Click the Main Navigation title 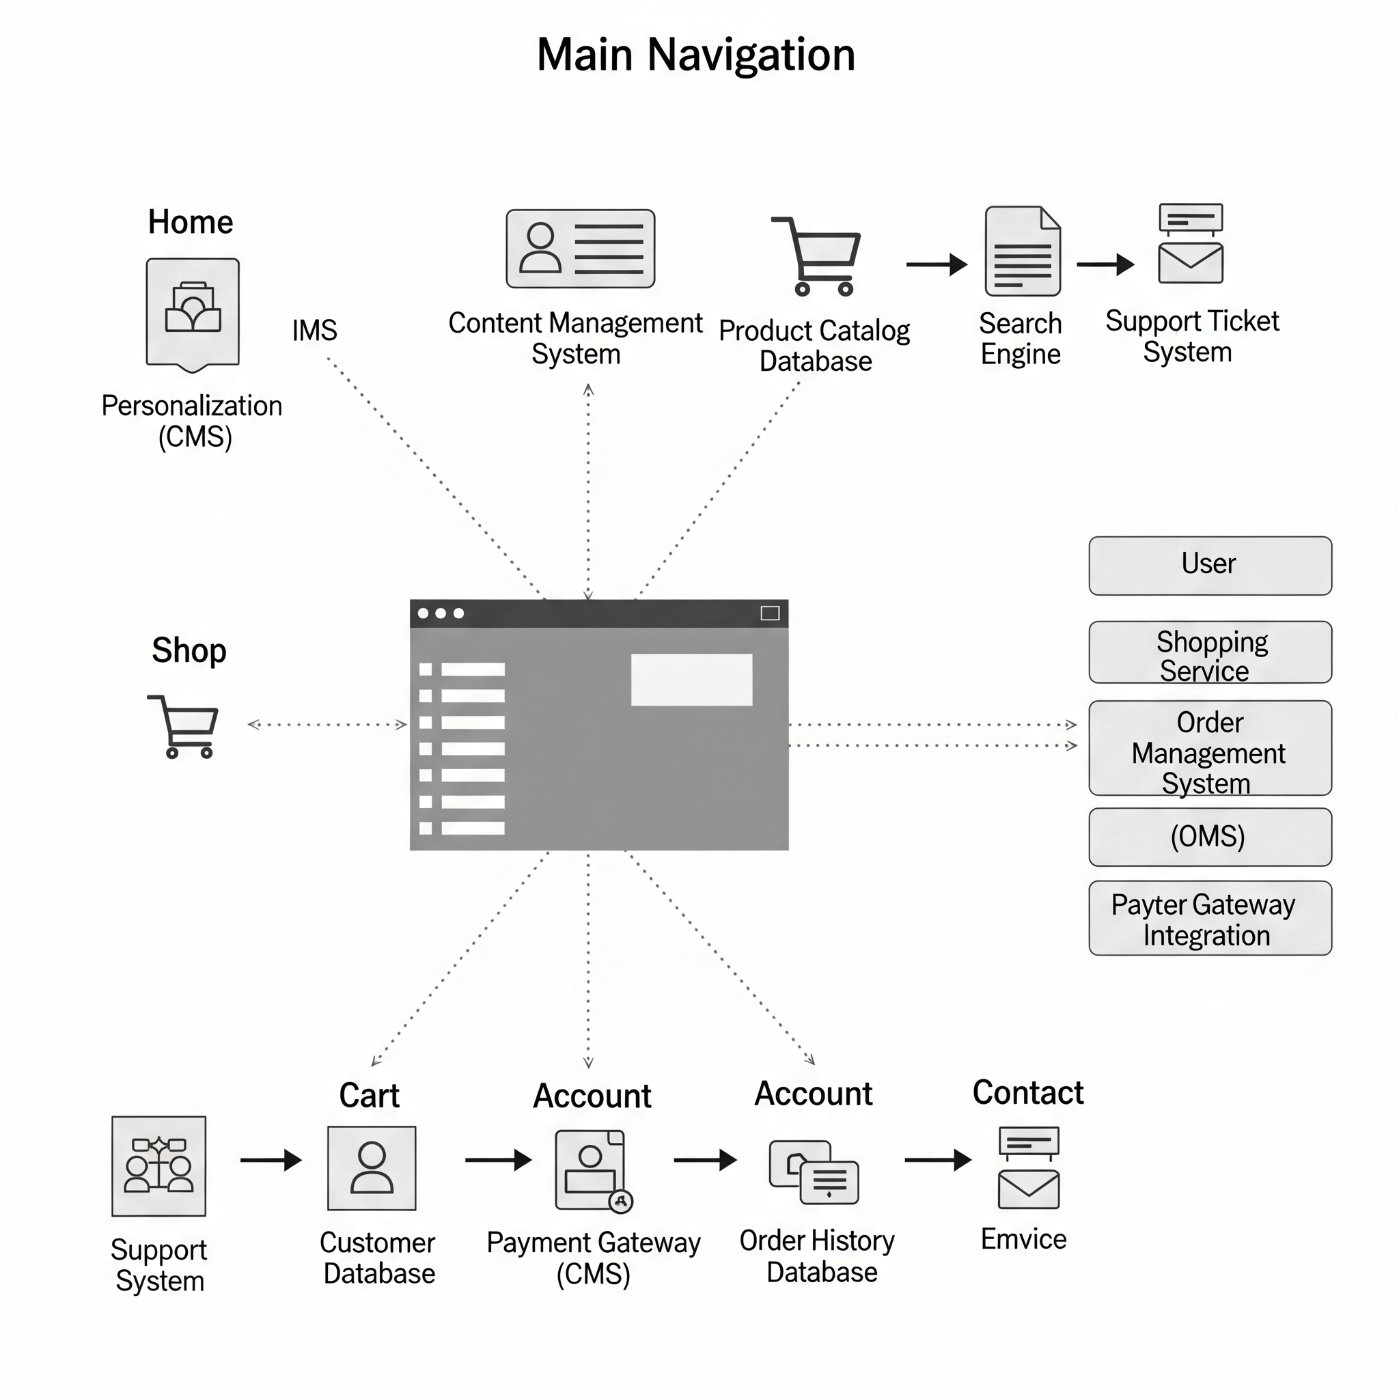(x=695, y=55)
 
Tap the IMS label (x=314, y=330)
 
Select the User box (x=1209, y=566)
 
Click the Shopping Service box (x=1209, y=652)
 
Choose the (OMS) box (x=1209, y=837)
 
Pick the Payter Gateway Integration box (x=1209, y=918)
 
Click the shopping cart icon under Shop (x=184, y=726)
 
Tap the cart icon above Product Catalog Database (x=819, y=256)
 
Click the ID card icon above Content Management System (x=580, y=249)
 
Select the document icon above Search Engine (x=1023, y=251)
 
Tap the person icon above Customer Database (x=372, y=1168)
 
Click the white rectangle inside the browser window (x=691, y=679)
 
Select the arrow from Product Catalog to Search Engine (x=937, y=264)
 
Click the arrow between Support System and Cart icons (x=271, y=1160)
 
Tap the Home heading (x=191, y=222)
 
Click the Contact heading (x=1027, y=1093)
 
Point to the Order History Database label (x=818, y=1256)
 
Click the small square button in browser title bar (x=770, y=613)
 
